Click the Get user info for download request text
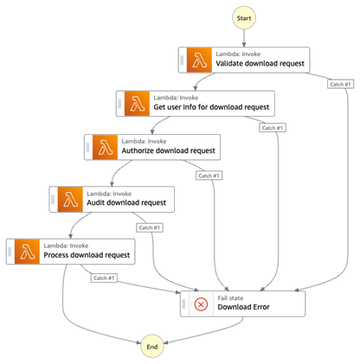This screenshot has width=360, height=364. click(x=213, y=108)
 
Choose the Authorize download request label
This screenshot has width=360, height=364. click(x=168, y=150)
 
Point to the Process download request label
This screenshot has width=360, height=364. click(x=89, y=255)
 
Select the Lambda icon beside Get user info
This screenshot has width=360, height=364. click(x=136, y=103)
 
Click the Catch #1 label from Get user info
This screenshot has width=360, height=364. click(x=273, y=128)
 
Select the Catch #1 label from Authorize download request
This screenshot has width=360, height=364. click(x=209, y=176)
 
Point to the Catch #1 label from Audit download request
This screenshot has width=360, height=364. click(x=146, y=227)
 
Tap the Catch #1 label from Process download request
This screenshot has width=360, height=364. click(x=103, y=278)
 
